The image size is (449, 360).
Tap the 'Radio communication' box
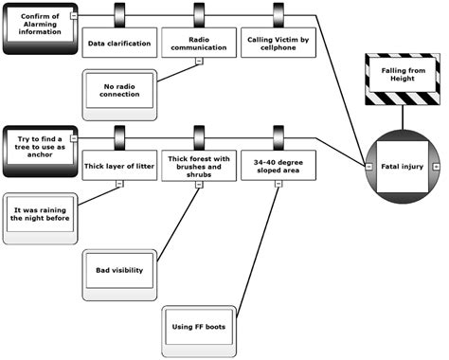198,44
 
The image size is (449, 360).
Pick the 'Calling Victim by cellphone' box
278,44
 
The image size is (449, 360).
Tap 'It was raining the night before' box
40,210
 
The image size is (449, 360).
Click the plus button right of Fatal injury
437,166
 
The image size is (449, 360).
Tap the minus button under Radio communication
198,62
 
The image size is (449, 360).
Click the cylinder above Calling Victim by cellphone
278,13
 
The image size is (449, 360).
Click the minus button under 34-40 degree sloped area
278,183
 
